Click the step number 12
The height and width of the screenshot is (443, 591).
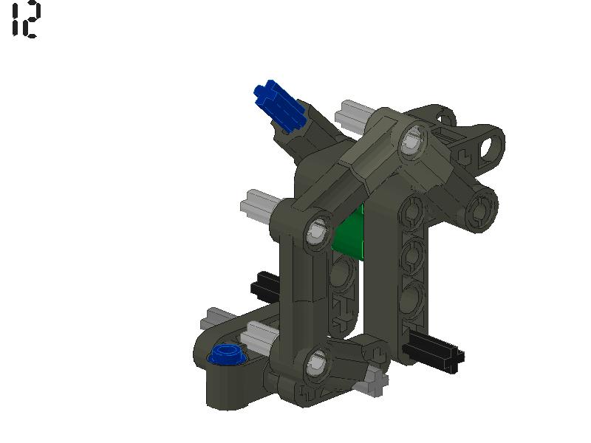tap(26, 20)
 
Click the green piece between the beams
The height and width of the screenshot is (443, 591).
tap(352, 235)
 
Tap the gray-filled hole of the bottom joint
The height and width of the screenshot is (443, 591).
tap(315, 362)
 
